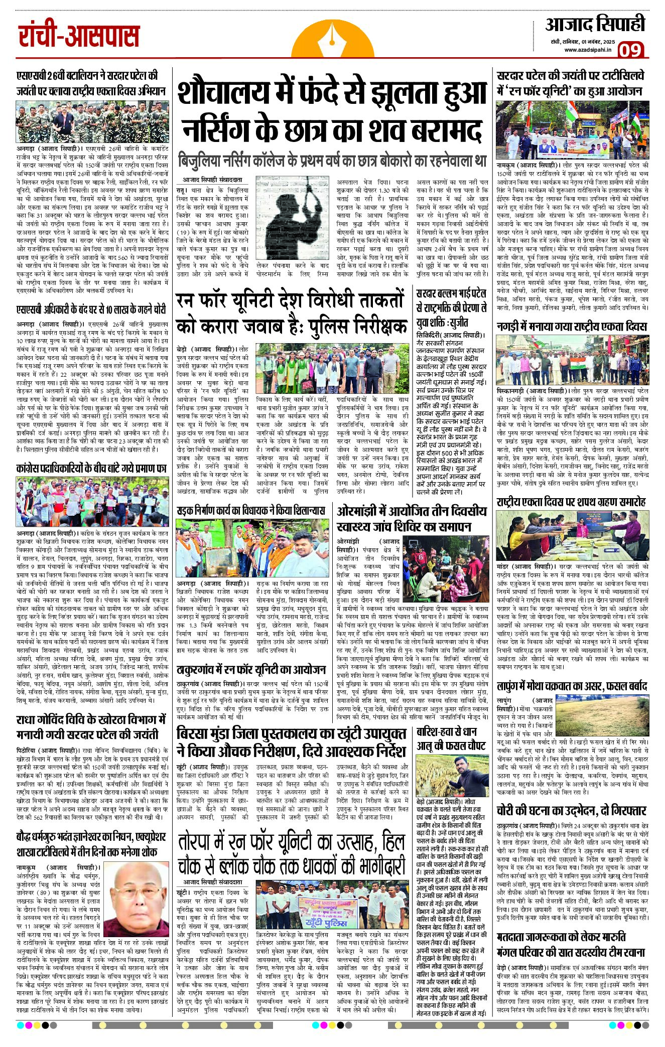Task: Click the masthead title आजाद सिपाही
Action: (x=595, y=24)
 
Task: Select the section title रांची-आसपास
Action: (x=79, y=36)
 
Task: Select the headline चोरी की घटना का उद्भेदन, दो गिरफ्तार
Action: (x=571, y=810)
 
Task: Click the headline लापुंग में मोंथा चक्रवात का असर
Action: (x=571, y=686)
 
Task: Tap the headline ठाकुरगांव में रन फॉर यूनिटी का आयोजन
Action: (x=251, y=669)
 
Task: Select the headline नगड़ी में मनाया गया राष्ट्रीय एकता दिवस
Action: (x=571, y=327)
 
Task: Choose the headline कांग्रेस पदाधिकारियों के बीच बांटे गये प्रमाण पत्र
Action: (x=91, y=469)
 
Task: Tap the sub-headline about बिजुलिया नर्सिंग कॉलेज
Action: (x=332, y=161)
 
